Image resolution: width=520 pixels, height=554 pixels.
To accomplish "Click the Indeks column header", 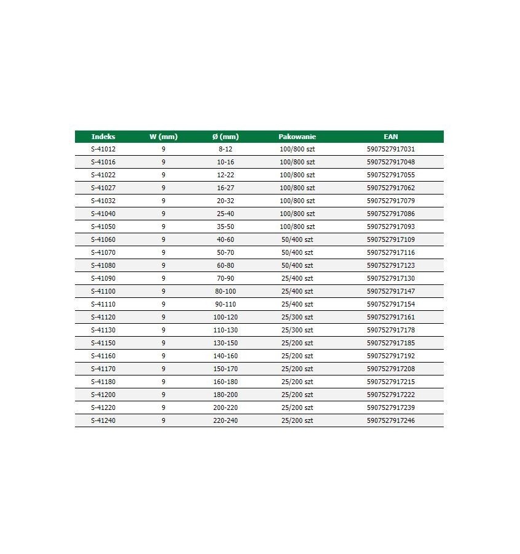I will (x=103, y=137).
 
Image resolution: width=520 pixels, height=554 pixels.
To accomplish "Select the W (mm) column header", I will (x=163, y=137).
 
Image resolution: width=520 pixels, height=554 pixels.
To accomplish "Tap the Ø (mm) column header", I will (x=225, y=137).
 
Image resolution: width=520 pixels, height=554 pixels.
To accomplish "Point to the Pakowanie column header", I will (x=297, y=137).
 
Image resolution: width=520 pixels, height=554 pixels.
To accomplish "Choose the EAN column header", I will (x=390, y=137).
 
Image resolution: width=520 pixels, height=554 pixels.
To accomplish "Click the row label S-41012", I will (x=103, y=149).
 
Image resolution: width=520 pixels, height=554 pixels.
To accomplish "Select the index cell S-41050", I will (x=103, y=227).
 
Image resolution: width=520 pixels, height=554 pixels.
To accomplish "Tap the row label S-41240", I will (x=103, y=420).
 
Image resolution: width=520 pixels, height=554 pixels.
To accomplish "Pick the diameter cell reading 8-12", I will (x=225, y=149).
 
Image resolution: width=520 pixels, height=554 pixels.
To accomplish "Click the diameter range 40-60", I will (x=225, y=239).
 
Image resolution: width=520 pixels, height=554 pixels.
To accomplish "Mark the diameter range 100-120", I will (x=225, y=317).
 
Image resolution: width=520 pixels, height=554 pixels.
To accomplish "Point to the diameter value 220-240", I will (x=225, y=420).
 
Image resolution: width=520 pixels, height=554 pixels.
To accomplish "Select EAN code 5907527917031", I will (x=390, y=149).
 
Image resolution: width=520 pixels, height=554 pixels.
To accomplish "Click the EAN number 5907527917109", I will (x=390, y=239).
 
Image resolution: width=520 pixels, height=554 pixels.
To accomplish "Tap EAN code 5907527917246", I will (x=390, y=420).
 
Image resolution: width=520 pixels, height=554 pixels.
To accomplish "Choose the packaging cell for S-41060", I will (x=297, y=239).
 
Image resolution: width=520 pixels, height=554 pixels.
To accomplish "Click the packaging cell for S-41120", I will (x=297, y=317).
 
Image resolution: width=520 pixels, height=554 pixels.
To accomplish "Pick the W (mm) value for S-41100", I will (x=163, y=291).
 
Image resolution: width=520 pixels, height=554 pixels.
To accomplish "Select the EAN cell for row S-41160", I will (x=390, y=356).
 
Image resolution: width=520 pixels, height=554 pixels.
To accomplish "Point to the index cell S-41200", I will (x=103, y=395).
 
